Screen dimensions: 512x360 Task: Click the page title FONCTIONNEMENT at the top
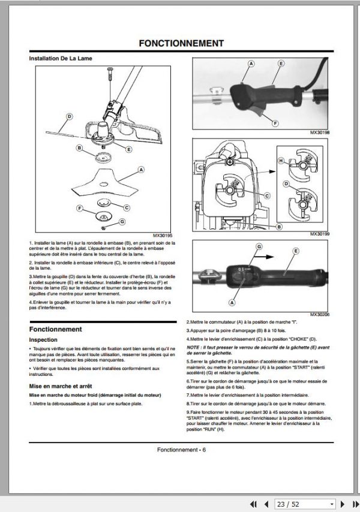[181, 43]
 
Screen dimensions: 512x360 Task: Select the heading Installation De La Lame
[61, 59]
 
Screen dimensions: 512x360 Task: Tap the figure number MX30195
[163, 236]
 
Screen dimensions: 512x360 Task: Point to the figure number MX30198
[320, 132]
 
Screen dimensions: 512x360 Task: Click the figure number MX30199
[320, 234]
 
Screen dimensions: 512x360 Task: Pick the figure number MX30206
[320, 315]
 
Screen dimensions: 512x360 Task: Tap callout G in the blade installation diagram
[122, 222]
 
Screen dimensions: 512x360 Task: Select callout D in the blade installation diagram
[68, 117]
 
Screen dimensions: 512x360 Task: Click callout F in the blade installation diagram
[80, 207]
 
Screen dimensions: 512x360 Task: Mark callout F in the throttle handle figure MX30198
[275, 123]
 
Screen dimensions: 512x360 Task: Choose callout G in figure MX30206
[259, 246]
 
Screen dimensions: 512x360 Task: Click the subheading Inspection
[44, 340]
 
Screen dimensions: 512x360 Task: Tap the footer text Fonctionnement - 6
[181, 450]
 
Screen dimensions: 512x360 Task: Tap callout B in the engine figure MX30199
[279, 227]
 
